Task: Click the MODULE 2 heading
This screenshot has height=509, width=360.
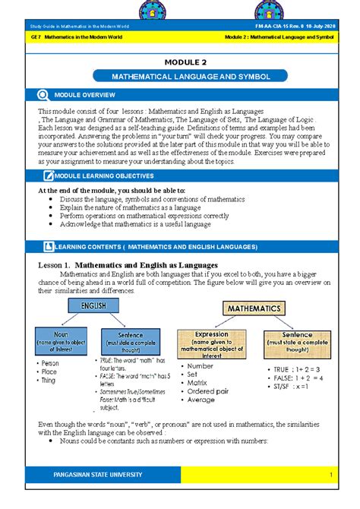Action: [180, 61]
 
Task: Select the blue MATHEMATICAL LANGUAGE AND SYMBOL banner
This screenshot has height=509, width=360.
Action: [180, 77]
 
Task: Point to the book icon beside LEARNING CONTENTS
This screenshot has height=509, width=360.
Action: [46, 247]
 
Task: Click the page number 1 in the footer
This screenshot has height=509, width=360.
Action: [332, 475]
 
